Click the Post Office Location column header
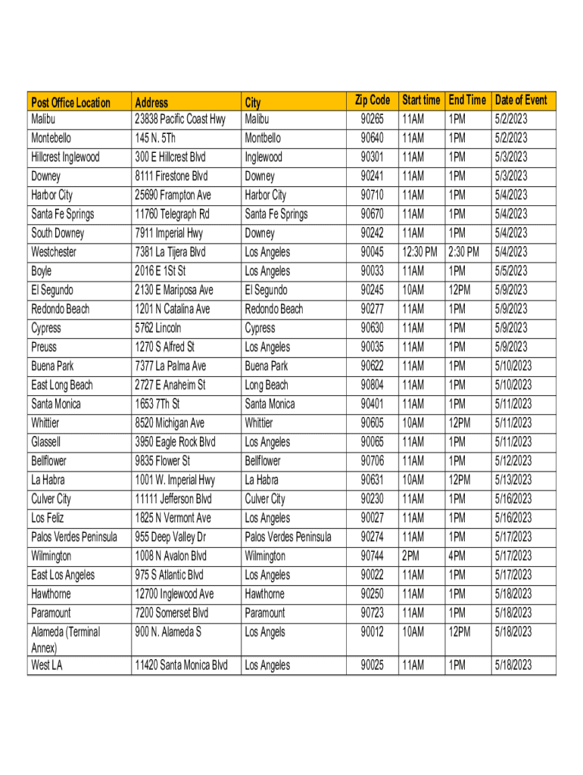click(x=70, y=102)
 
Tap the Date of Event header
click(x=520, y=100)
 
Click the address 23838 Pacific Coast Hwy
click(x=179, y=119)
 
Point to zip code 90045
click(x=372, y=252)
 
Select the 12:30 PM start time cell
click(x=419, y=252)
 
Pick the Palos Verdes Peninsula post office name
click(x=74, y=537)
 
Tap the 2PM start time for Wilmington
click(x=412, y=556)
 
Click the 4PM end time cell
click(x=457, y=556)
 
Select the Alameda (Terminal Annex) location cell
click(x=66, y=640)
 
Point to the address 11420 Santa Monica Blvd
click(x=181, y=665)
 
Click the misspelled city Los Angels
click(x=264, y=632)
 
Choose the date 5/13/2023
click(x=513, y=480)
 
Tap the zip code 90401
click(x=372, y=404)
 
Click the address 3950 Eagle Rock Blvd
click(x=175, y=442)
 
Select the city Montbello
click(x=263, y=139)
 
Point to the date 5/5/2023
click(x=510, y=271)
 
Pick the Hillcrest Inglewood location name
click(x=66, y=157)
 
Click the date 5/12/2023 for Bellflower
click(x=513, y=461)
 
